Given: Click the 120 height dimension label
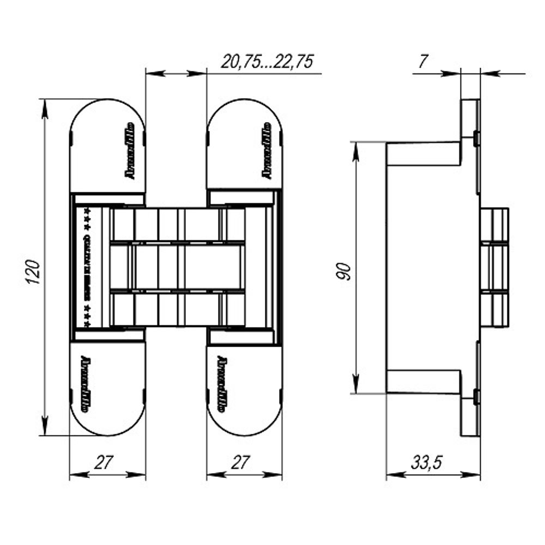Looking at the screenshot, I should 33,271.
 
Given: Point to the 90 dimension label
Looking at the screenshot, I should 343,271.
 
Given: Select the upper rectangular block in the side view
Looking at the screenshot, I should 423,154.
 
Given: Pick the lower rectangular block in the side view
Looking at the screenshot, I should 423,381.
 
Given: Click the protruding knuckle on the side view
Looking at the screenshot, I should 494,268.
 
